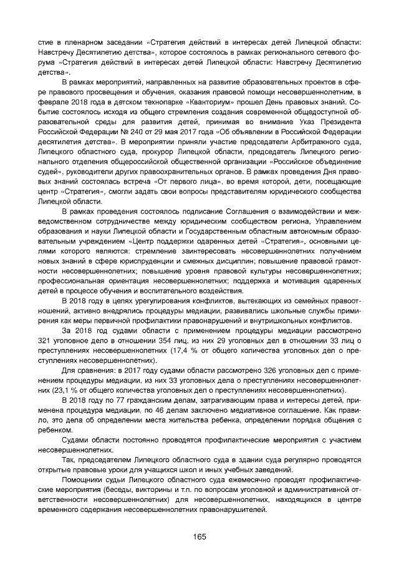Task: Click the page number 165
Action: [x=199, y=537]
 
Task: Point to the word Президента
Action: [x=337, y=122]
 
